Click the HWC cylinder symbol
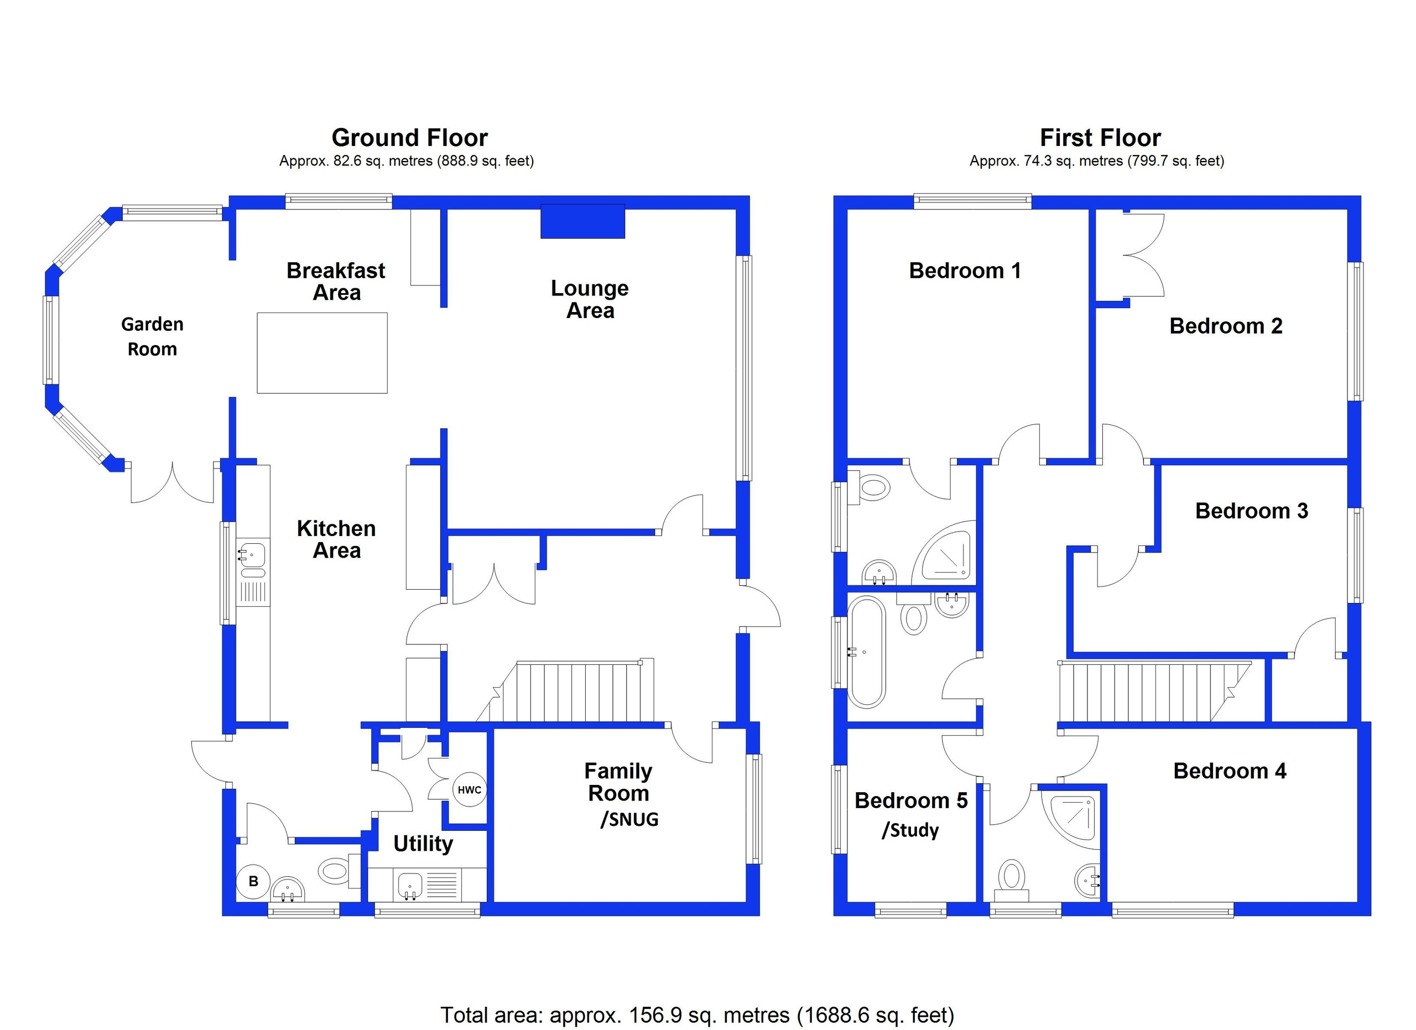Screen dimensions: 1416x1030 (470, 790)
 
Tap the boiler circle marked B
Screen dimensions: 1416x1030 (253, 881)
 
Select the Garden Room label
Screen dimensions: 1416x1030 (152, 336)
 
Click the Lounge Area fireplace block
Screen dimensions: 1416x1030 (582, 221)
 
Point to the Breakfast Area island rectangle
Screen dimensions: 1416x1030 (322, 353)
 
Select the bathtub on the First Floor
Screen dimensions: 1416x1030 (867, 652)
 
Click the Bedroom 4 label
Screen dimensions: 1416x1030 (1230, 771)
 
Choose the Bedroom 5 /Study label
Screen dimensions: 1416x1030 (911, 815)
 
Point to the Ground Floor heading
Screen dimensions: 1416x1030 (409, 137)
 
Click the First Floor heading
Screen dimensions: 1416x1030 (1100, 137)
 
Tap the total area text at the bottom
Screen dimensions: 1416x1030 (697, 1015)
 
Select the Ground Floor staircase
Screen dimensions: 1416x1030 (566, 691)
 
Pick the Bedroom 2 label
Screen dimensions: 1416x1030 (1226, 326)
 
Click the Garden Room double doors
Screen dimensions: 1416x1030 (173, 482)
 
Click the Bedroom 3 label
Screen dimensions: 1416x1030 (1252, 511)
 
